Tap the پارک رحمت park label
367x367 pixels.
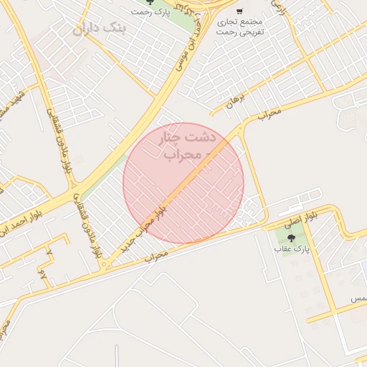coord(150,12)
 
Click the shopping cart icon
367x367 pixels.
coord(239,11)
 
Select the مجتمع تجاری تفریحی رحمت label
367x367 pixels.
coord(241,27)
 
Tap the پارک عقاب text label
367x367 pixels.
coord(290,249)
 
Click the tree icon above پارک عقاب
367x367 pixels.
coord(290,238)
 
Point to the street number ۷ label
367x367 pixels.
coord(50,252)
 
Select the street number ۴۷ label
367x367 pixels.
coord(43,274)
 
